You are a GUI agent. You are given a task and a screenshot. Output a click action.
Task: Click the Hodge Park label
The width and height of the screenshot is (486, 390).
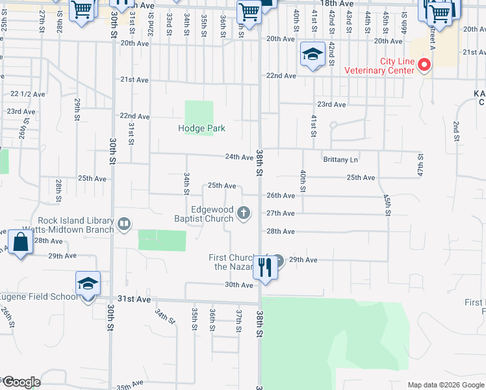[201, 128]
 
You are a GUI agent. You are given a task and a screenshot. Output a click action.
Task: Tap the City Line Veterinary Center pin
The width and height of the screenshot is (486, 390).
[424, 64]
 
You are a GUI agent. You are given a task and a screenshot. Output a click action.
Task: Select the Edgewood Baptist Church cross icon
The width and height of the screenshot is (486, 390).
[244, 213]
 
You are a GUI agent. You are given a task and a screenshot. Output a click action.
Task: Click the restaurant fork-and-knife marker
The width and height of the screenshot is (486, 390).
[264, 266]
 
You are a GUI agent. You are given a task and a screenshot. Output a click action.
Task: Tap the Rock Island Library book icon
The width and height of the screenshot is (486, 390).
[123, 225]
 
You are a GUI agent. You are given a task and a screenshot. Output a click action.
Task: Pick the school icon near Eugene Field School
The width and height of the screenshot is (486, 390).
[88, 285]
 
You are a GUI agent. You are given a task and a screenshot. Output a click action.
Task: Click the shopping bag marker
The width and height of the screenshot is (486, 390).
[21, 243]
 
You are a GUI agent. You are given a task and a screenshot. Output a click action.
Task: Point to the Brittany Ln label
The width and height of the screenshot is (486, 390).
[340, 159]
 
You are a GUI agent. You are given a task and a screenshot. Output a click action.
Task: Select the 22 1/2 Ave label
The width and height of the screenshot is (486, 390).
[28, 94]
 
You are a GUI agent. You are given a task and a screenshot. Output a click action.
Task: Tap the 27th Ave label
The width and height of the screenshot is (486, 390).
[281, 213]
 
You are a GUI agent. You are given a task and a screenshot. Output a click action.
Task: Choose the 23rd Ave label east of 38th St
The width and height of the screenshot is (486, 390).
[331, 104]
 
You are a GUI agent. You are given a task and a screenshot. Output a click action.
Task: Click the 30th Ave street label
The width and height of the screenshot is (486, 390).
[238, 285]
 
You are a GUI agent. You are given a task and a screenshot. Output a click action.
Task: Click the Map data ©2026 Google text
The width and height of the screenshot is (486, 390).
[444, 385]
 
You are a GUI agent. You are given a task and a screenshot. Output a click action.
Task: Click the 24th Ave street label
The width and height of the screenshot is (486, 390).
[238, 157]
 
